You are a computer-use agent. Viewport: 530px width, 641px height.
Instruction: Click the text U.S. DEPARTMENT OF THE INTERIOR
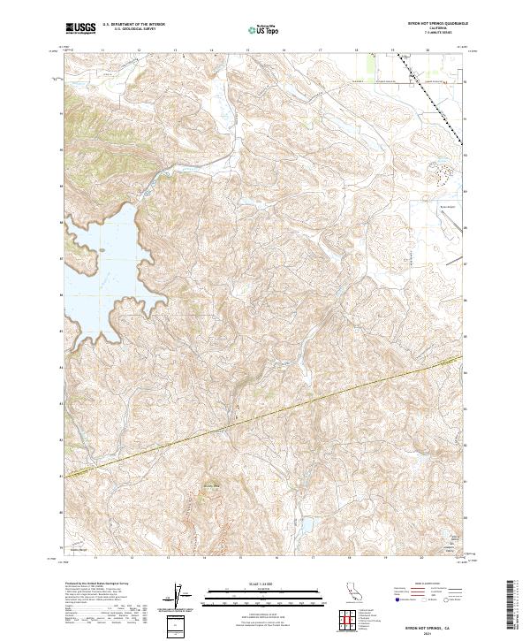coord(132,22)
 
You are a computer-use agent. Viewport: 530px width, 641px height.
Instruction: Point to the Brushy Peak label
coord(211,485)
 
